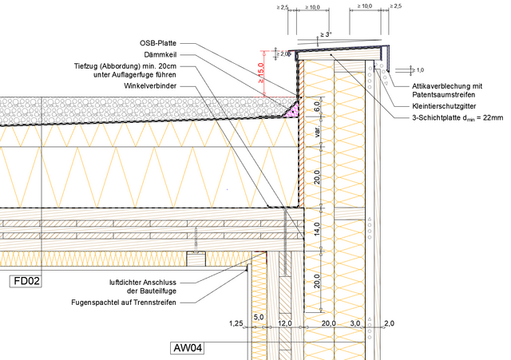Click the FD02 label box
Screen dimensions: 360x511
27,281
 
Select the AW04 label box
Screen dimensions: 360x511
188,348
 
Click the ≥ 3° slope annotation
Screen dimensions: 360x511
326,34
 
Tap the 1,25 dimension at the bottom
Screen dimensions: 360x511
236,324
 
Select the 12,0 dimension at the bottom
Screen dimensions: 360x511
284,324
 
